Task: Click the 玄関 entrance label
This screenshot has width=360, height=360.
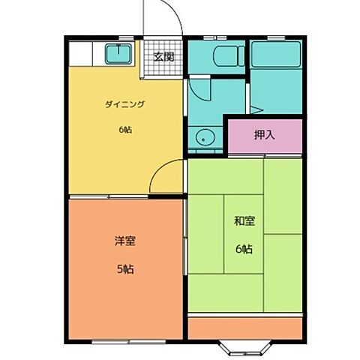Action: pos(163,57)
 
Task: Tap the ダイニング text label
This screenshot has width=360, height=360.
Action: pos(125,104)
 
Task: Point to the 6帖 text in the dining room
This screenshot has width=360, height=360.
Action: pos(125,130)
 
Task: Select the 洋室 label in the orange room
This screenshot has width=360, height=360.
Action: pos(125,241)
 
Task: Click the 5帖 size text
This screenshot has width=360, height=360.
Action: pos(125,269)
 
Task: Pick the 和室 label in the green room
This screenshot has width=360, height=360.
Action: pos(244,220)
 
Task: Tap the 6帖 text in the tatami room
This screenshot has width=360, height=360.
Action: pos(244,249)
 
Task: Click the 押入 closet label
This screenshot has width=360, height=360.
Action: pos(265,135)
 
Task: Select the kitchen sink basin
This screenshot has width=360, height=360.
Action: pos(118,54)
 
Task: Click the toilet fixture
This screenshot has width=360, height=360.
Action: pos(229,56)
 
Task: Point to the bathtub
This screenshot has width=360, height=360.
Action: pos(276,54)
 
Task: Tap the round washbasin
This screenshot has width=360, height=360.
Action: pos(205,137)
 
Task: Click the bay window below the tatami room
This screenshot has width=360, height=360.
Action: pos(245,348)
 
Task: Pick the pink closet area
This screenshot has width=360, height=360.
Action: pos(265,136)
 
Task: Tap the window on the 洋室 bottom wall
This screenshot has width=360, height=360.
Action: pos(129,341)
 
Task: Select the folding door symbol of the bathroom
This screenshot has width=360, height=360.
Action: pos(257,110)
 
